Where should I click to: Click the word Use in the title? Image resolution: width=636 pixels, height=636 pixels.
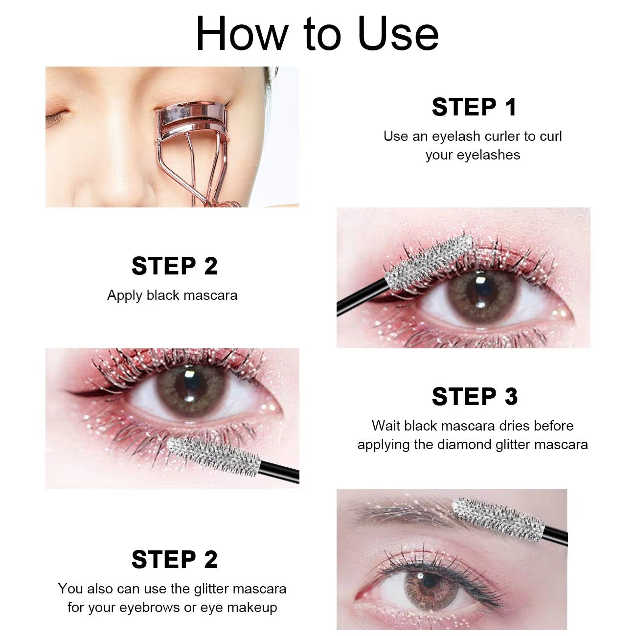tap(398, 34)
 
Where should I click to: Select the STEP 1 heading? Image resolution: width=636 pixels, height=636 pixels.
tap(474, 107)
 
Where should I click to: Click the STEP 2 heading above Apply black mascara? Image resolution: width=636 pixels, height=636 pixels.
tap(174, 266)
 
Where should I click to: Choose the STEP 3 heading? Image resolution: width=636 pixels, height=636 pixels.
tap(474, 396)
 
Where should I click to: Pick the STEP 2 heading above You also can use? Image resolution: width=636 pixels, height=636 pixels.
tap(174, 559)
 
